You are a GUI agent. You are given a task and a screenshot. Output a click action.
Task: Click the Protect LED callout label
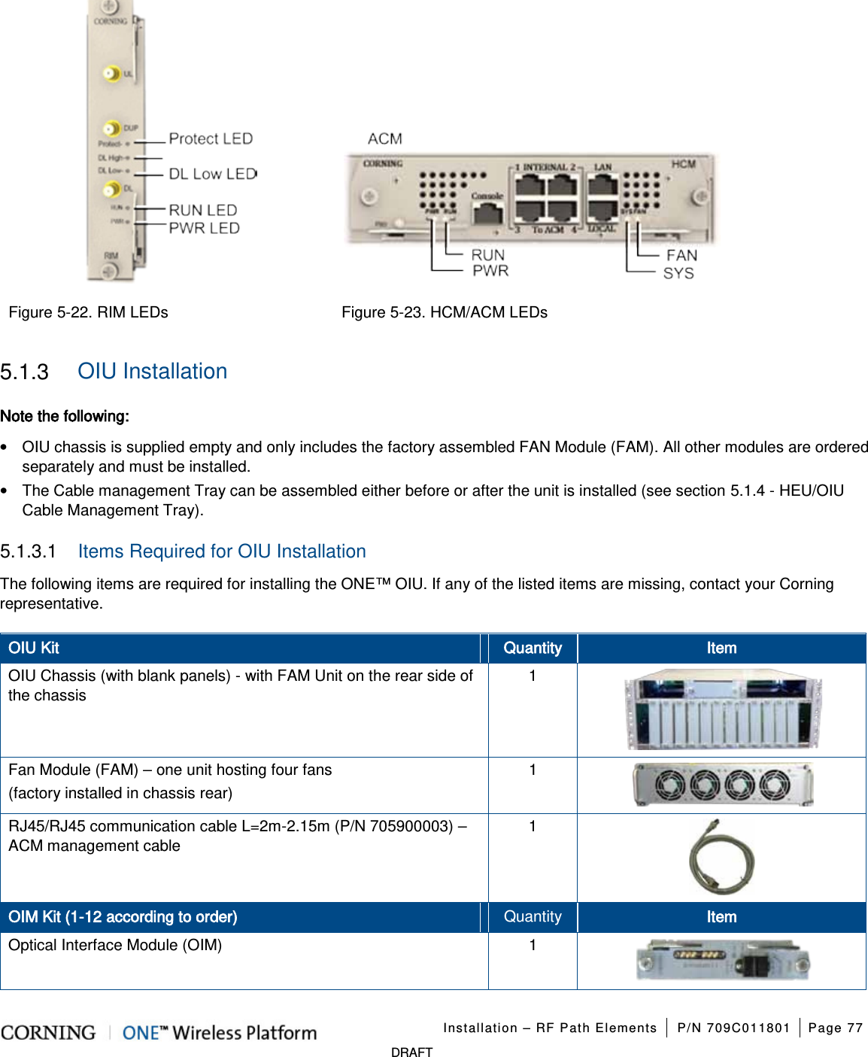(x=210, y=139)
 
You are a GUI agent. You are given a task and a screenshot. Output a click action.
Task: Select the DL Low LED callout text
(x=212, y=174)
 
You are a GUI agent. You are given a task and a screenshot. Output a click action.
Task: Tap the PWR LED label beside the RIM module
(x=204, y=228)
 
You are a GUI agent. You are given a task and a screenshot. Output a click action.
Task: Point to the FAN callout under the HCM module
(x=681, y=256)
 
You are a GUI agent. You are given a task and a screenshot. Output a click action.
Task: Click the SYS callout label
(x=678, y=273)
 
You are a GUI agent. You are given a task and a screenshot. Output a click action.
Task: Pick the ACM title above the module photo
(x=384, y=139)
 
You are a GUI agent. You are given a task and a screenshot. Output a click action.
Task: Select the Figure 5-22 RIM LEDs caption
(x=88, y=312)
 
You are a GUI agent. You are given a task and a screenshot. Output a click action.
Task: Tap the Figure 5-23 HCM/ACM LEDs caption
(x=444, y=312)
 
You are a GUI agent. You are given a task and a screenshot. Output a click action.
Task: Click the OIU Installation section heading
(x=152, y=372)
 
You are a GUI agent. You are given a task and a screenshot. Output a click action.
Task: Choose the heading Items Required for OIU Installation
(x=221, y=551)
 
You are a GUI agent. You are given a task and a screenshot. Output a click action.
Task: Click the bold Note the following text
(x=65, y=416)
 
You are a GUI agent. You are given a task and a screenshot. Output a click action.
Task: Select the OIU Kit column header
(x=34, y=648)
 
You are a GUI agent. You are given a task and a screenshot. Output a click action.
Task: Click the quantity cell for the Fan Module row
(x=533, y=770)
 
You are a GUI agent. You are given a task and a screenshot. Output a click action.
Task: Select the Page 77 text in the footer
(x=835, y=1028)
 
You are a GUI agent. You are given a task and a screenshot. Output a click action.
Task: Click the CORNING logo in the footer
(x=49, y=1033)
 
